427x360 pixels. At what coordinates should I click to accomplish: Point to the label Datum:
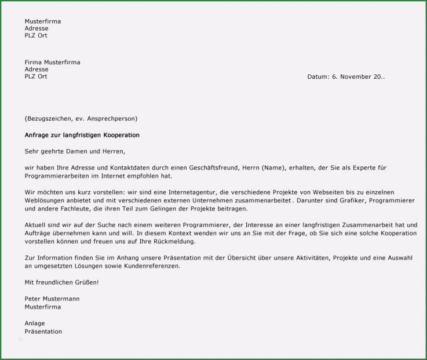click(x=318, y=77)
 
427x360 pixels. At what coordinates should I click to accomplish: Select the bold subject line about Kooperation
click(x=82, y=135)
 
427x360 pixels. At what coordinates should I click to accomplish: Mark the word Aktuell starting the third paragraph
click(x=35, y=224)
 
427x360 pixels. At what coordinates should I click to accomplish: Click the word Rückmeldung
click(x=174, y=241)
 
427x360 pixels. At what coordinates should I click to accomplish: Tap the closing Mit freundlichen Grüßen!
click(x=61, y=282)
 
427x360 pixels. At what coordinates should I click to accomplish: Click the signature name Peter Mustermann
click(x=52, y=299)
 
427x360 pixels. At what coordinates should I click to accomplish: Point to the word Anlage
click(x=35, y=323)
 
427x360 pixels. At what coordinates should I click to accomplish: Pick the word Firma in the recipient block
click(x=33, y=62)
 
